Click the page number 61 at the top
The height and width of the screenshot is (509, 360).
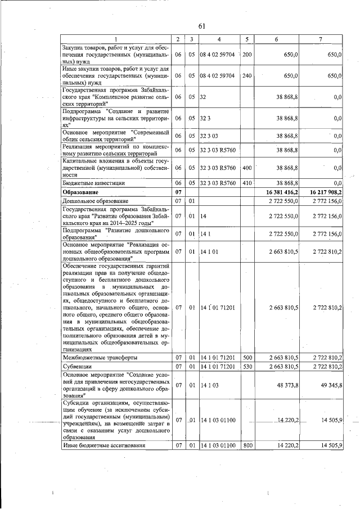point(202,26)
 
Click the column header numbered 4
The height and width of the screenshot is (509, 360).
point(219,39)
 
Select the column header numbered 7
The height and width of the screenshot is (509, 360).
point(320,39)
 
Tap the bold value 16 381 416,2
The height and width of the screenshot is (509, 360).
point(278,192)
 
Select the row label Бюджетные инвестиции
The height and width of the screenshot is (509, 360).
point(94,183)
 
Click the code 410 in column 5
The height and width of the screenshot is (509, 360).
point(246,183)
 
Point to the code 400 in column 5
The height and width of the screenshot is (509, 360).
point(246,168)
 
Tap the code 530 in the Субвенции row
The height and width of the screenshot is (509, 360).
point(246,366)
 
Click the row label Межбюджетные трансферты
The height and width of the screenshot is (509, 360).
point(100,357)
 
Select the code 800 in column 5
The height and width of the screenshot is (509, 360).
point(246,445)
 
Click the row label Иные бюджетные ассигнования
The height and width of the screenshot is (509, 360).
point(104,445)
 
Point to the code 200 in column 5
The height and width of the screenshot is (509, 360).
point(246,55)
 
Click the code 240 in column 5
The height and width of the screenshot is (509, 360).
point(246,75)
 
